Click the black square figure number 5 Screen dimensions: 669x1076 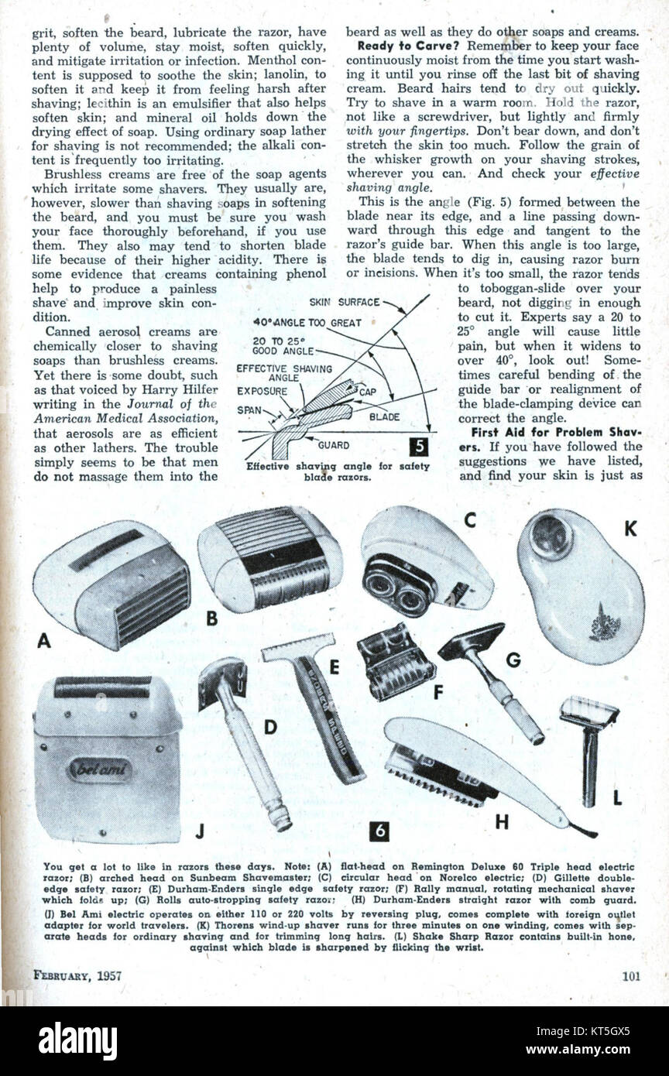tap(419, 447)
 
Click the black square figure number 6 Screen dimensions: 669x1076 tap(379, 831)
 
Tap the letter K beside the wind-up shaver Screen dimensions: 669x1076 tap(630, 529)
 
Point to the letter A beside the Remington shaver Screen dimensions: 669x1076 tap(43, 640)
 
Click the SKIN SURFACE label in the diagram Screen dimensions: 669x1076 tap(344, 302)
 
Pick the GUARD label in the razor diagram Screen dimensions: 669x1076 tap(334, 445)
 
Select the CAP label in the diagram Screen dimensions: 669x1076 tap(368, 392)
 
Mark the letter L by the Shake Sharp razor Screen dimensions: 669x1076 tap(617, 798)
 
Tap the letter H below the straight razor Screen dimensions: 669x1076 tap(502, 823)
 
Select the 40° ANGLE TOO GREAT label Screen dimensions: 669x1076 tap(307, 324)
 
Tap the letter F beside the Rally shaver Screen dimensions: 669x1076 tap(437, 692)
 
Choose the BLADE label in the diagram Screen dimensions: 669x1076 tap(385, 416)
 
